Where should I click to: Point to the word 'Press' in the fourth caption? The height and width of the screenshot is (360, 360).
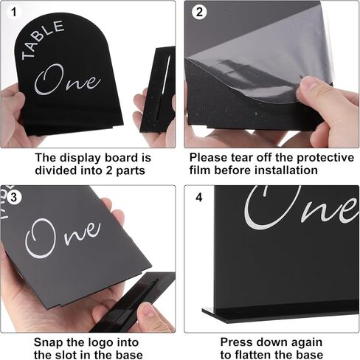238,342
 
